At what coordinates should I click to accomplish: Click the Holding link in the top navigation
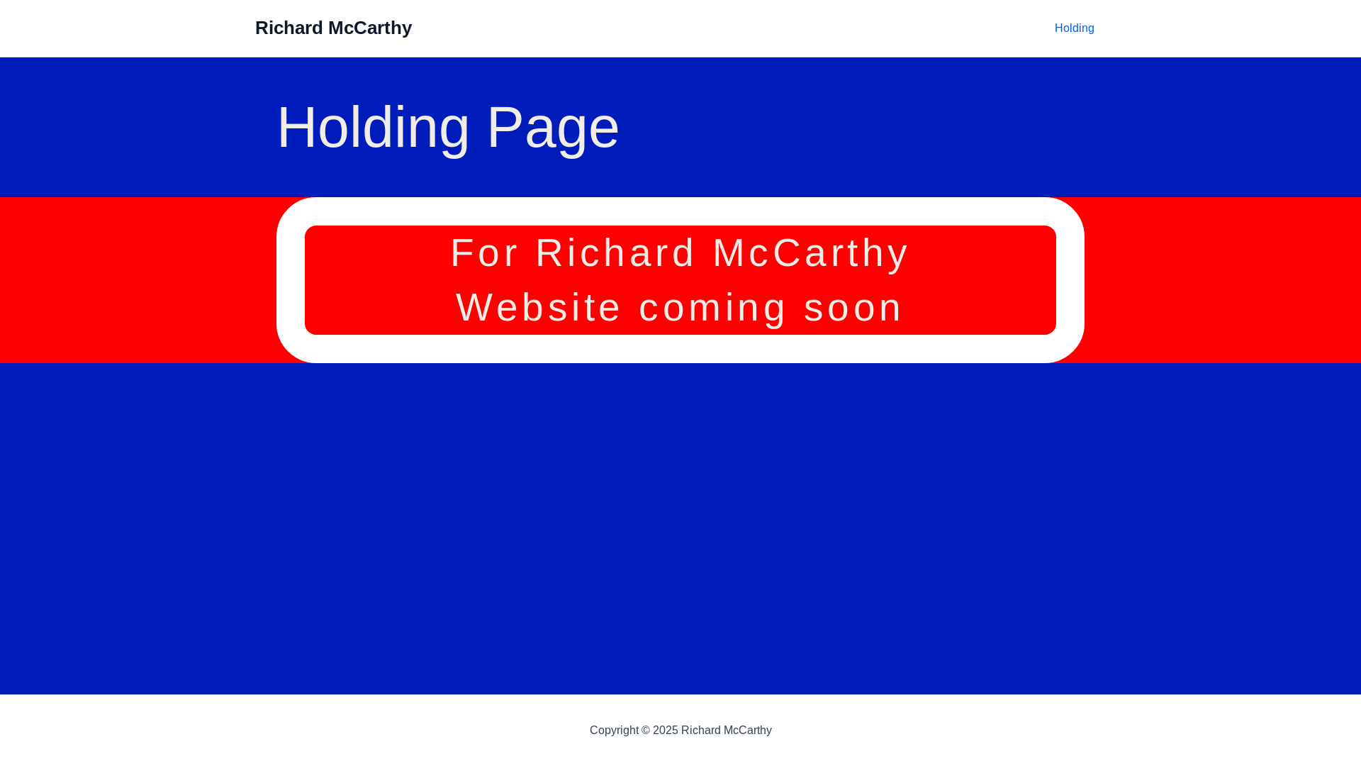pyautogui.click(x=1074, y=28)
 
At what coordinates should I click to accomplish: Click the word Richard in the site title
pyautogui.click(x=289, y=28)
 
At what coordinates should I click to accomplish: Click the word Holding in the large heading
pyautogui.click(x=374, y=128)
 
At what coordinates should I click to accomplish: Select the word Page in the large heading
pyautogui.click(x=553, y=128)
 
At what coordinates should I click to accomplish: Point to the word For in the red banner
pyautogui.click(x=485, y=253)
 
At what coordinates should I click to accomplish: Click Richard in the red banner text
pyautogui.click(x=615, y=253)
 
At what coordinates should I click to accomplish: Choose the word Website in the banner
pyautogui.click(x=539, y=308)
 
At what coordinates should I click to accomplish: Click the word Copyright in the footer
pyautogui.click(x=614, y=731)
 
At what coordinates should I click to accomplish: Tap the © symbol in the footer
pyautogui.click(x=646, y=731)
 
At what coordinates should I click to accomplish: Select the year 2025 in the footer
pyautogui.click(x=666, y=731)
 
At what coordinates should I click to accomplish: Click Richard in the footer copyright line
pyautogui.click(x=700, y=731)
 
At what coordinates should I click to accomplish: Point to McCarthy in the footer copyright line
pyautogui.click(x=748, y=731)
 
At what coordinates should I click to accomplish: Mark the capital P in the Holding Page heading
pyautogui.click(x=505, y=128)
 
